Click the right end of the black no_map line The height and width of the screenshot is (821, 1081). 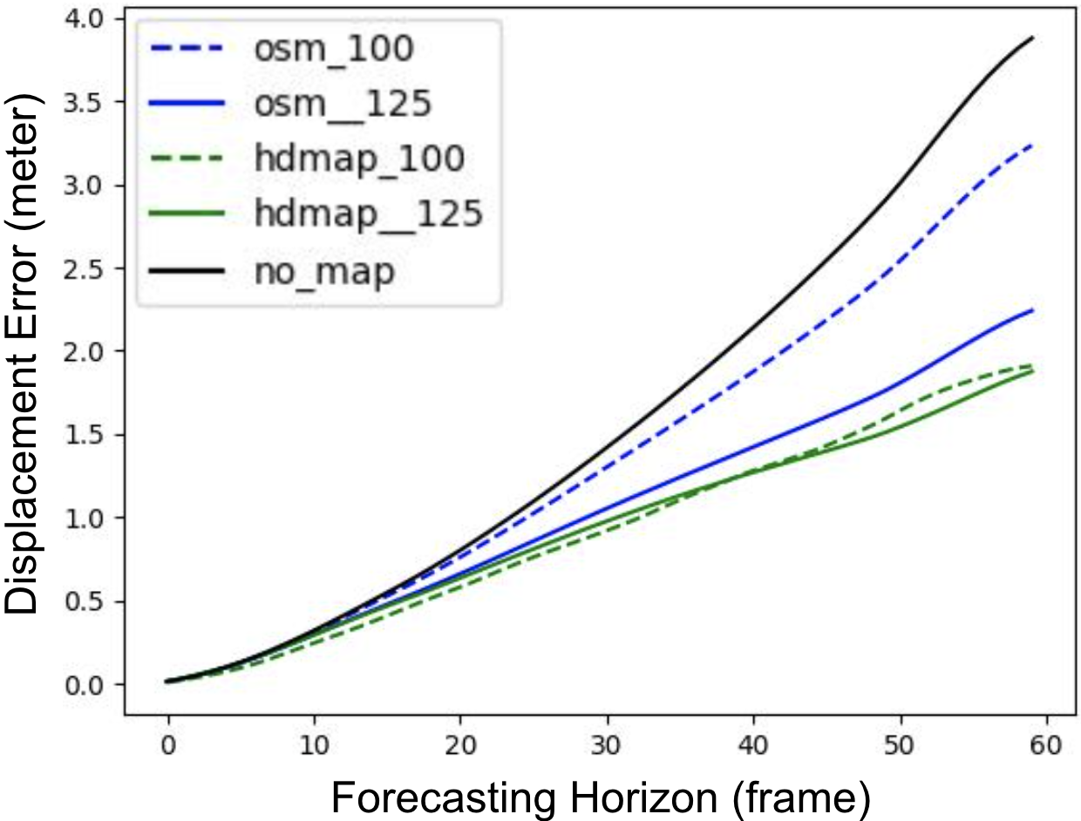pos(1033,37)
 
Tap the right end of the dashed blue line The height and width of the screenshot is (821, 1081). pos(1033,145)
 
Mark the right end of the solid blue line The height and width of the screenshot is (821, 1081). pos(1033,310)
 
